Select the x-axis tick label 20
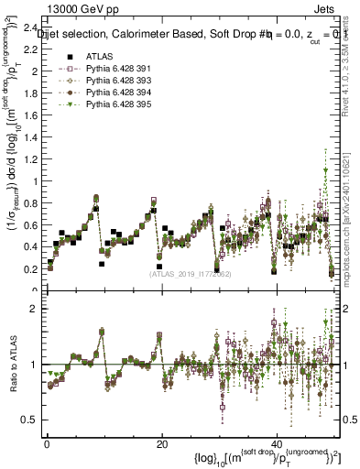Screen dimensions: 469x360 pyautogui.click(x=162, y=445)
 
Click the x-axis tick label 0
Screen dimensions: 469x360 pyautogui.click(x=46, y=445)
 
